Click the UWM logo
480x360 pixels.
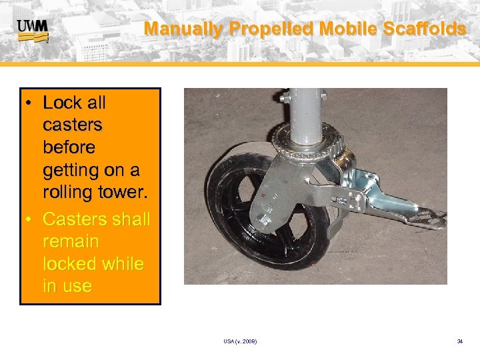(x=32, y=30)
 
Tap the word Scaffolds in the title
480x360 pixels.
(x=425, y=29)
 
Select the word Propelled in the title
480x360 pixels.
(x=272, y=29)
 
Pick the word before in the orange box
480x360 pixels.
(x=69, y=147)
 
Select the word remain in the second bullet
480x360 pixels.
(x=71, y=241)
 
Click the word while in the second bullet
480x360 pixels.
(x=124, y=263)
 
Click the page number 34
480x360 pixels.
(x=459, y=341)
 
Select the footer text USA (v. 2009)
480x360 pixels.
(x=241, y=341)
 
